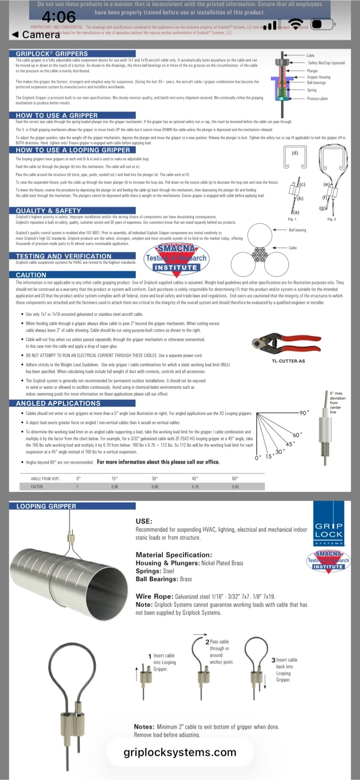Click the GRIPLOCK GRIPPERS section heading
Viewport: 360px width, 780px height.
click(x=52, y=54)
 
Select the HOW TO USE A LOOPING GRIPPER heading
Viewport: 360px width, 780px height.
click(x=73, y=150)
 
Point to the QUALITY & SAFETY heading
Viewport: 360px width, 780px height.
click(x=49, y=210)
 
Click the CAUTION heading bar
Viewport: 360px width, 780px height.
click(x=31, y=275)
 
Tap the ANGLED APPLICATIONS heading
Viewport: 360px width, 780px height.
click(x=58, y=404)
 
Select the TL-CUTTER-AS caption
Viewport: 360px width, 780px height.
click(x=287, y=361)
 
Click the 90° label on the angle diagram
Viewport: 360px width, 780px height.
click(x=304, y=413)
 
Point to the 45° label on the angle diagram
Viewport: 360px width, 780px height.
click(x=290, y=444)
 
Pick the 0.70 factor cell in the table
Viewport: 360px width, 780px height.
click(x=195, y=487)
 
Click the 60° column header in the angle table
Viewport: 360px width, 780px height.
click(x=235, y=478)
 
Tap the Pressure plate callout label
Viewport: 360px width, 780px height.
click(x=317, y=99)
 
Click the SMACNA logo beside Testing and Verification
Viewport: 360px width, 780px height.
click(x=176, y=259)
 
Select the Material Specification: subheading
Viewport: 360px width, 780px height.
click(x=174, y=555)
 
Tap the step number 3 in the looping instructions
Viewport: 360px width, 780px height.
click(x=273, y=660)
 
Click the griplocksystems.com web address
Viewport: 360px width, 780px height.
click(x=180, y=752)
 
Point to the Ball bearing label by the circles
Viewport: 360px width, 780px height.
click(x=297, y=230)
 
